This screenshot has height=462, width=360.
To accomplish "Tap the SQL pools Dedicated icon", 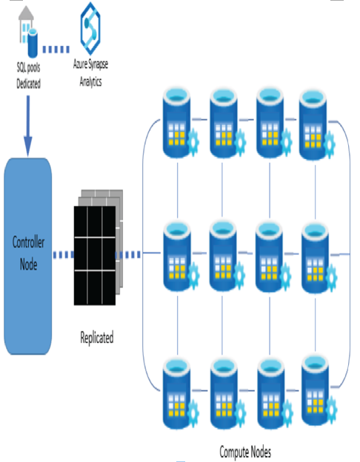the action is (28, 32).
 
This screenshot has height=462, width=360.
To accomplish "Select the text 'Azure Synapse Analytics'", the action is (90, 73).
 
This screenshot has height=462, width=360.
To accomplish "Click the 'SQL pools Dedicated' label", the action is (28, 76).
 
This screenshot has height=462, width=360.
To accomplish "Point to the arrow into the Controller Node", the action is (28, 126).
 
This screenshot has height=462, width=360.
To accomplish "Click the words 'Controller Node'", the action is (28, 252).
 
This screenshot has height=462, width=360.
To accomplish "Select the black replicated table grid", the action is (95, 255).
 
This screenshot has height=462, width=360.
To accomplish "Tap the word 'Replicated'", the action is (97, 338).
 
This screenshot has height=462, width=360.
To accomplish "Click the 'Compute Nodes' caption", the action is (245, 452).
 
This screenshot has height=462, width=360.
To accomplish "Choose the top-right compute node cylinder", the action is (313, 124).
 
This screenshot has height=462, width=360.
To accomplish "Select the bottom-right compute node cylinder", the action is (316, 391).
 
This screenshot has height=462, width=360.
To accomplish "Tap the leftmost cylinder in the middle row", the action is (177, 256).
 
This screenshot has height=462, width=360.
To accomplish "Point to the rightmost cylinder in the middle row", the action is (316, 258).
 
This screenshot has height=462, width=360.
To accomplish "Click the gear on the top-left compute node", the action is (193, 142).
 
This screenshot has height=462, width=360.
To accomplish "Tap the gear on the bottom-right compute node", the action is (331, 410).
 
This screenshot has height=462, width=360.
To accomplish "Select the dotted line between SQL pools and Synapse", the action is (56, 49).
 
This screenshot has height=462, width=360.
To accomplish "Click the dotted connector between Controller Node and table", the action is (64, 255).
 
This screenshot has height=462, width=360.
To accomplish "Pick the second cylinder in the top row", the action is (223, 123).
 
